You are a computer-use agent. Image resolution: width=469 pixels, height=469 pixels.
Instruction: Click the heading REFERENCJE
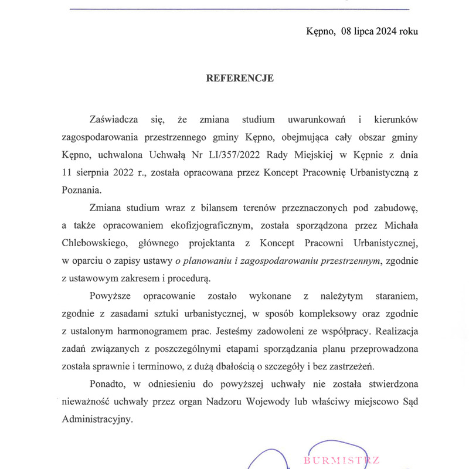pyautogui.click(x=240, y=78)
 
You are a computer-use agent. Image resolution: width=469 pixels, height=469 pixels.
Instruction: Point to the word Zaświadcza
pyautogui.click(x=114, y=120)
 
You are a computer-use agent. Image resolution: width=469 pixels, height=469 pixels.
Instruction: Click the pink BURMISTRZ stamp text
pyautogui.click(x=342, y=460)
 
